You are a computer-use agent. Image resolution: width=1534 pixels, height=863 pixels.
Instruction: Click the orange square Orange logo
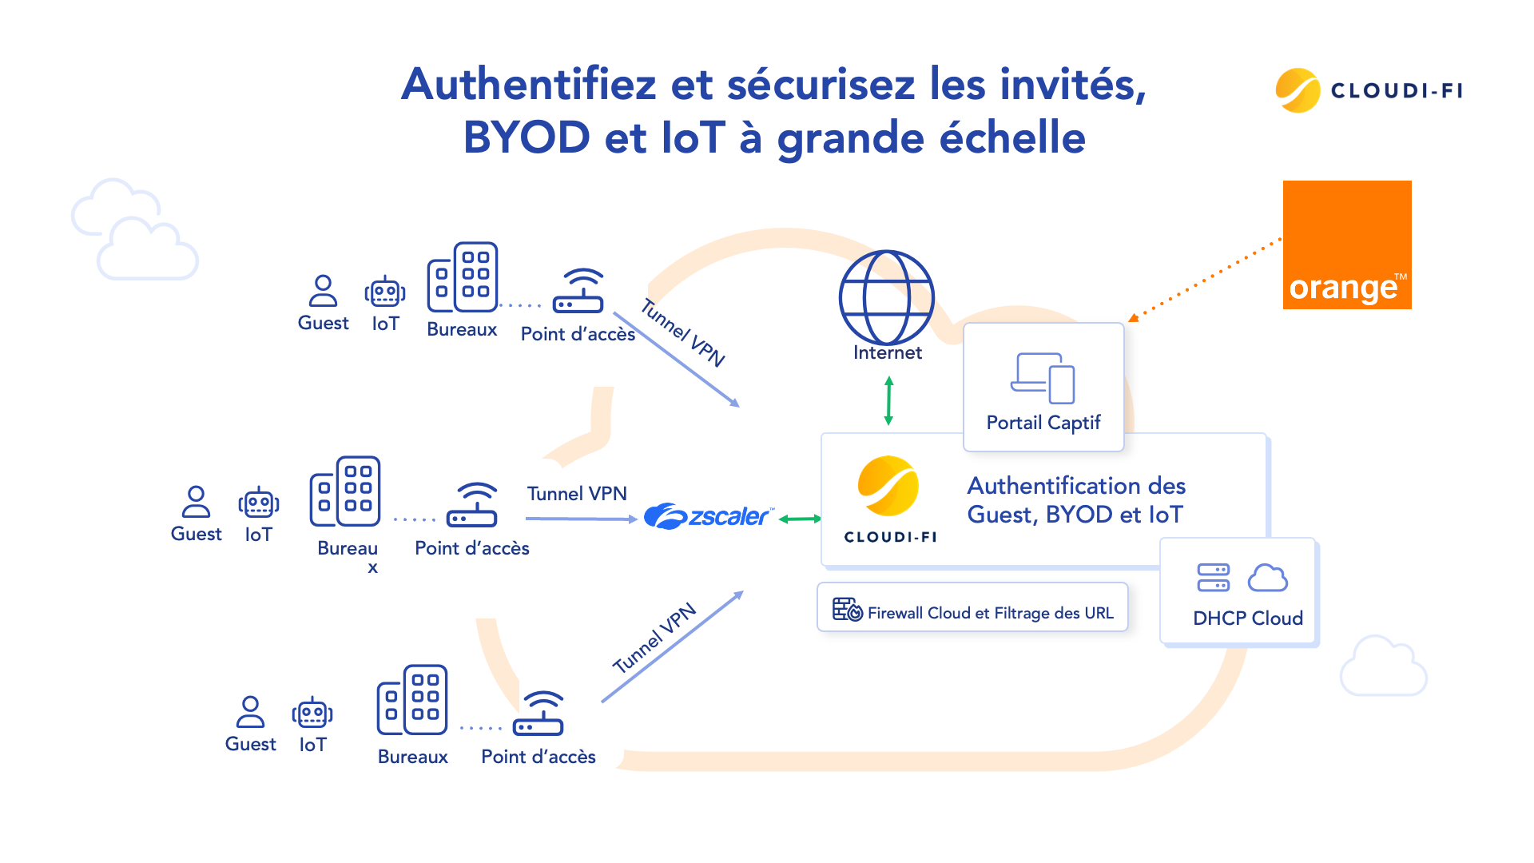click(1346, 245)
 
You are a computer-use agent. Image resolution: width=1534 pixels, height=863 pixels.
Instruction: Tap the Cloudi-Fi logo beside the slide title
click(1369, 90)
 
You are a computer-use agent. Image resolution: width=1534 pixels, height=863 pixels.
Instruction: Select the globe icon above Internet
click(886, 297)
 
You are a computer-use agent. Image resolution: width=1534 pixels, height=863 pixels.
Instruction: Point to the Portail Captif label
click(1043, 423)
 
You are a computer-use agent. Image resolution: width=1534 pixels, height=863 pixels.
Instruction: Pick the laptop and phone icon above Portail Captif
click(1043, 378)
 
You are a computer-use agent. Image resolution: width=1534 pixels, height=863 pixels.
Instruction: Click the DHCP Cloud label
click(1247, 618)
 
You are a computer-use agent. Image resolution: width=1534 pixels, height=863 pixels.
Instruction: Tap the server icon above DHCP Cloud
click(1213, 577)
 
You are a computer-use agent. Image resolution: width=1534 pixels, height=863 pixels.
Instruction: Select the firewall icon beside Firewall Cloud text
click(847, 610)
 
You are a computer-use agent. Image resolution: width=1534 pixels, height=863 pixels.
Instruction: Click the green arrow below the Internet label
click(888, 401)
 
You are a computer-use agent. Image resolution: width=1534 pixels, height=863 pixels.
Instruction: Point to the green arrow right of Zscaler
click(800, 519)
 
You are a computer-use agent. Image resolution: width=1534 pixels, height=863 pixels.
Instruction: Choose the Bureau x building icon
click(345, 491)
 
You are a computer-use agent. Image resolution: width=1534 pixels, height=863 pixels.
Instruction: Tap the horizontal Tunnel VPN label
click(577, 494)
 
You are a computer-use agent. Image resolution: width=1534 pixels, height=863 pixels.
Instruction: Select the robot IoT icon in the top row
click(385, 292)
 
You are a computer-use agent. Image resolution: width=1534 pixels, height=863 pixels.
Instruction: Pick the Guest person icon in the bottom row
click(250, 712)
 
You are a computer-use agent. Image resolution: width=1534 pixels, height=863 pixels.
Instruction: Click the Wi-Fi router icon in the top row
click(578, 291)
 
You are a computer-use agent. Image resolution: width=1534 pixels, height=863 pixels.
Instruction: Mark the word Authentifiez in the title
click(528, 84)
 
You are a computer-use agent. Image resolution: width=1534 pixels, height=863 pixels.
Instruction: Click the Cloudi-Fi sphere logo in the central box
click(888, 486)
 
